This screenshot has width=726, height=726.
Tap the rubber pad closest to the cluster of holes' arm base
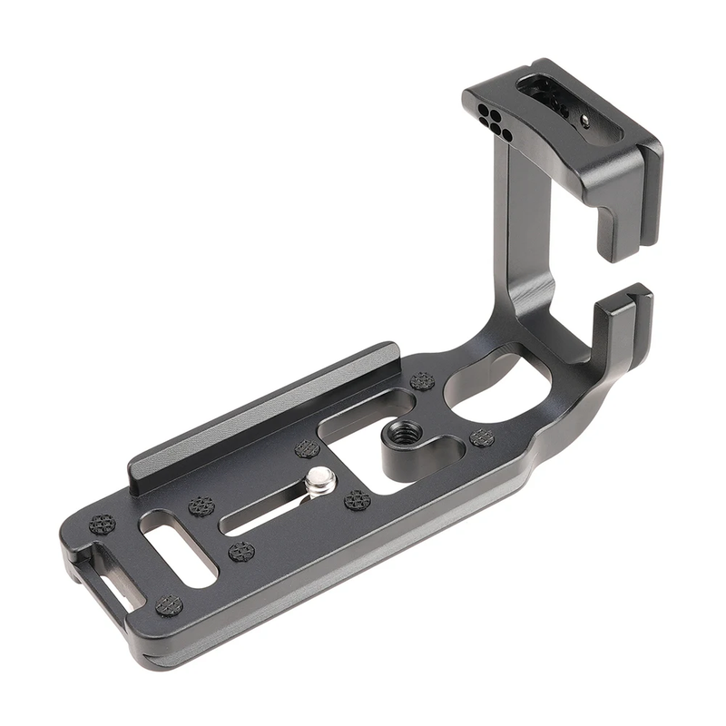422,381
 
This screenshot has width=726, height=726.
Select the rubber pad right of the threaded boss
482,438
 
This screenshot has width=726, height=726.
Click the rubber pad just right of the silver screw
358,500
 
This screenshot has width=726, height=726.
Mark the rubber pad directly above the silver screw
307,449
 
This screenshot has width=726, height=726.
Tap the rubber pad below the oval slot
170,605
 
